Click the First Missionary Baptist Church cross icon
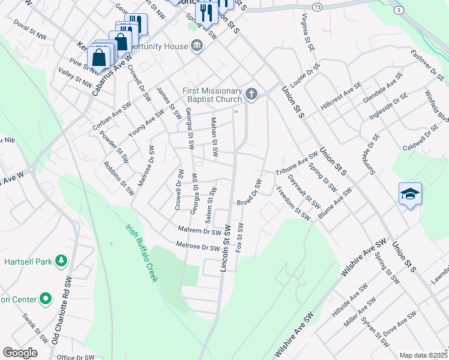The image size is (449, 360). click(x=252, y=94)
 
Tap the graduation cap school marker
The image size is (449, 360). click(x=410, y=194)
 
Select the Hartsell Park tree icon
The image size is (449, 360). click(x=61, y=260)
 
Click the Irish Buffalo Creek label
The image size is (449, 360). click(x=142, y=253)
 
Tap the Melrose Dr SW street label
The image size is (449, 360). click(x=198, y=246)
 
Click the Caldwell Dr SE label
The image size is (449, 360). click(x=421, y=139)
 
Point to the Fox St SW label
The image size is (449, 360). click(x=240, y=237)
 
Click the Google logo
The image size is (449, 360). click(x=19, y=353)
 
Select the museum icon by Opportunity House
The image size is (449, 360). click(x=196, y=46)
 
